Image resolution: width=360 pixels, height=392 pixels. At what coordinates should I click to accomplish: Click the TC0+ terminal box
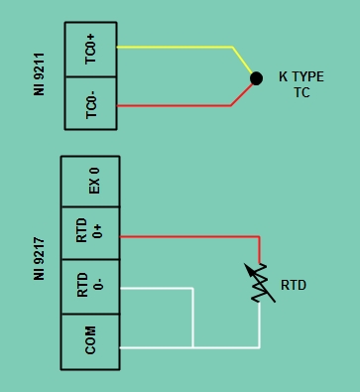coord(90,50)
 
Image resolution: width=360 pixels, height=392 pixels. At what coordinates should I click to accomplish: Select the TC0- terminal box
coord(90,103)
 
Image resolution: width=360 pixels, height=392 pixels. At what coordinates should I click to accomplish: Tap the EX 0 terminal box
coord(90,182)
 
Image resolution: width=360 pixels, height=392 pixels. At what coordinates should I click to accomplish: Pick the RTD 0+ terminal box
coord(90,234)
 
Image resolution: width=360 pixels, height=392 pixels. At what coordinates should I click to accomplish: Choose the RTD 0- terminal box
coord(90,287)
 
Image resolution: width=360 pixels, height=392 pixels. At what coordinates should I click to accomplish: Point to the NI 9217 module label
coord(41,257)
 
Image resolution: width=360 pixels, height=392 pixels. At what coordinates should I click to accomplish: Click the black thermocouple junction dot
coord(256,77)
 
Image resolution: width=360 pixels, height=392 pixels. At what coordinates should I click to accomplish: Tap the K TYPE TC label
coord(300,84)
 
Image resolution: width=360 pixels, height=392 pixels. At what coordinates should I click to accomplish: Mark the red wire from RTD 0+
coord(188,237)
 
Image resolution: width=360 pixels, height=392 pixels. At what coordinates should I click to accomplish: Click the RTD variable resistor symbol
coord(260,284)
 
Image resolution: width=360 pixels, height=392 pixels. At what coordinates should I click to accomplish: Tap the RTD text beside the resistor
coord(295,285)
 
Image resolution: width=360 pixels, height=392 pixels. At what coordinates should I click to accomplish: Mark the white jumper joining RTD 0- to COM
coord(192,318)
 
